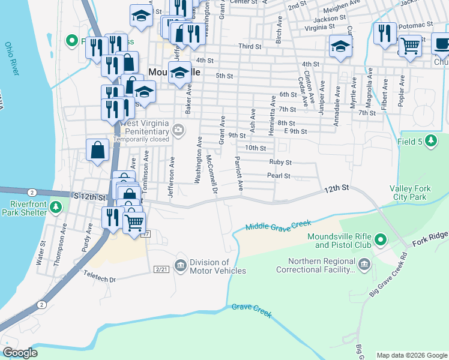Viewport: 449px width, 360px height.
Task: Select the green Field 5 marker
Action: click(430, 140)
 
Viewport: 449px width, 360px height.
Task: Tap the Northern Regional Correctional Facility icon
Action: click(364, 265)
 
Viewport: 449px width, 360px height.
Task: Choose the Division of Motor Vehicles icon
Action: click(180, 265)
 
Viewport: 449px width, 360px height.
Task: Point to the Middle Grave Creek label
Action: click(276, 227)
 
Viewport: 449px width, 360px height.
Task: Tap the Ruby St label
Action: click(280, 162)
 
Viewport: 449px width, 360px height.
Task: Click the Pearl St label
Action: click(279, 176)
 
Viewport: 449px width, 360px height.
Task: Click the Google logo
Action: click(20, 353)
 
